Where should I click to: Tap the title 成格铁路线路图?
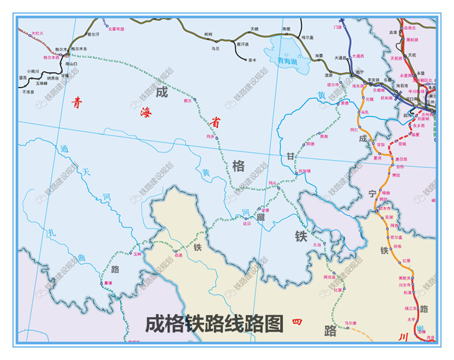click(x=214, y=323)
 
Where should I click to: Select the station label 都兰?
click(x=187, y=100)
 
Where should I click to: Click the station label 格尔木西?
click(x=51, y=57)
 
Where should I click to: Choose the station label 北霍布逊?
click(x=116, y=29)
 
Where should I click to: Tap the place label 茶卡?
click(x=252, y=60)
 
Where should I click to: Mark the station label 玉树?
click(x=137, y=254)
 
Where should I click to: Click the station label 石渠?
click(x=178, y=255)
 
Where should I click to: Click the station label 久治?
click(x=317, y=245)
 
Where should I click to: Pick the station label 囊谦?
click(x=108, y=283)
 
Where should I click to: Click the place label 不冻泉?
click(x=28, y=92)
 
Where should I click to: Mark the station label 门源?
click(x=337, y=27)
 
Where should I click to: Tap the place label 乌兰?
click(x=215, y=49)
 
